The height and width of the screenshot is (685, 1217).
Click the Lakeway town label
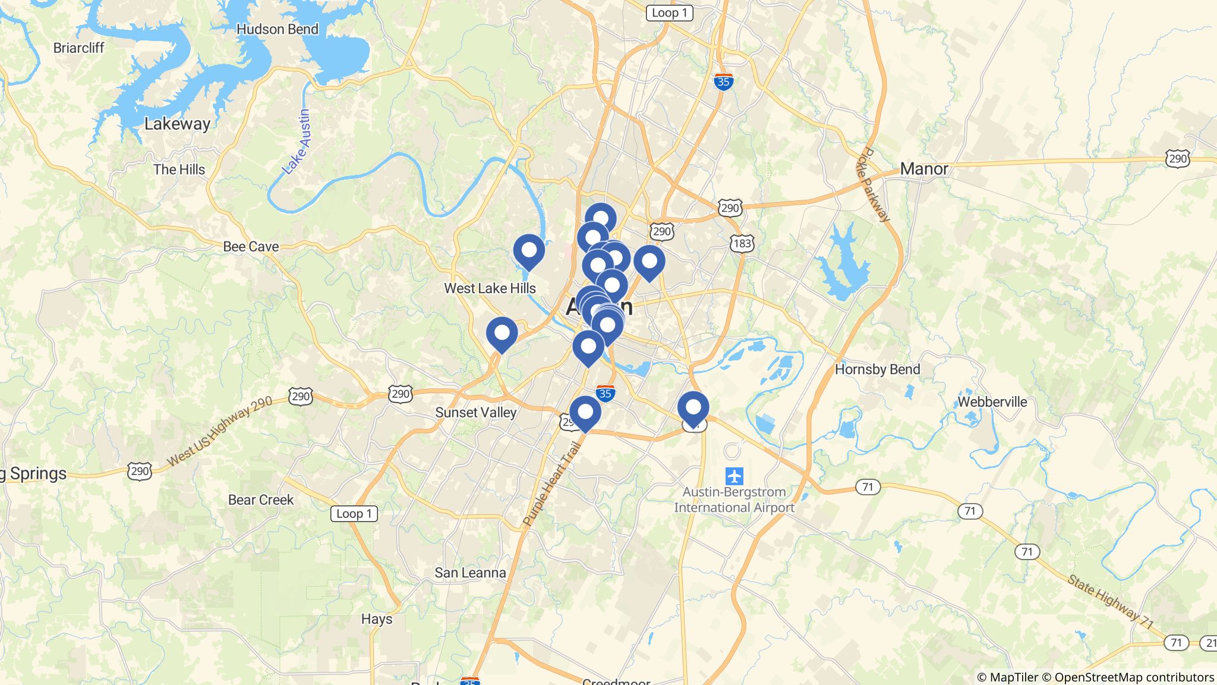(x=177, y=124)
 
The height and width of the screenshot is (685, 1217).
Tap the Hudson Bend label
(x=277, y=29)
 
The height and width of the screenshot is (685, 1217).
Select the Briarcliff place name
(x=78, y=48)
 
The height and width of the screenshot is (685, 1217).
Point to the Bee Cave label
(x=251, y=247)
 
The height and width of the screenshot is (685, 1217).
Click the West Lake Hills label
(x=490, y=288)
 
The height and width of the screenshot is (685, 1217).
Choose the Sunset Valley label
(x=475, y=413)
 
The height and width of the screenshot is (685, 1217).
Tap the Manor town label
(x=924, y=169)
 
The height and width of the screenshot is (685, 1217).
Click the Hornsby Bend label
(x=877, y=369)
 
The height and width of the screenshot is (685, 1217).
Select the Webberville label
(x=992, y=402)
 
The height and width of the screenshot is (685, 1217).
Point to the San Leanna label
(x=470, y=573)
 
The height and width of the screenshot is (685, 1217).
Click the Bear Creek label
(x=261, y=500)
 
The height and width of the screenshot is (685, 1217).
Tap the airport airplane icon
(x=734, y=476)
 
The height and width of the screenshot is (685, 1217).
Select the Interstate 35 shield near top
(x=723, y=81)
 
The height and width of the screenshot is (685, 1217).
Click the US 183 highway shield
(x=742, y=243)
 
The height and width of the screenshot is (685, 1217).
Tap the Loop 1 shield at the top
(x=669, y=13)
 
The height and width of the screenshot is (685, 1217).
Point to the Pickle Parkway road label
(x=873, y=184)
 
